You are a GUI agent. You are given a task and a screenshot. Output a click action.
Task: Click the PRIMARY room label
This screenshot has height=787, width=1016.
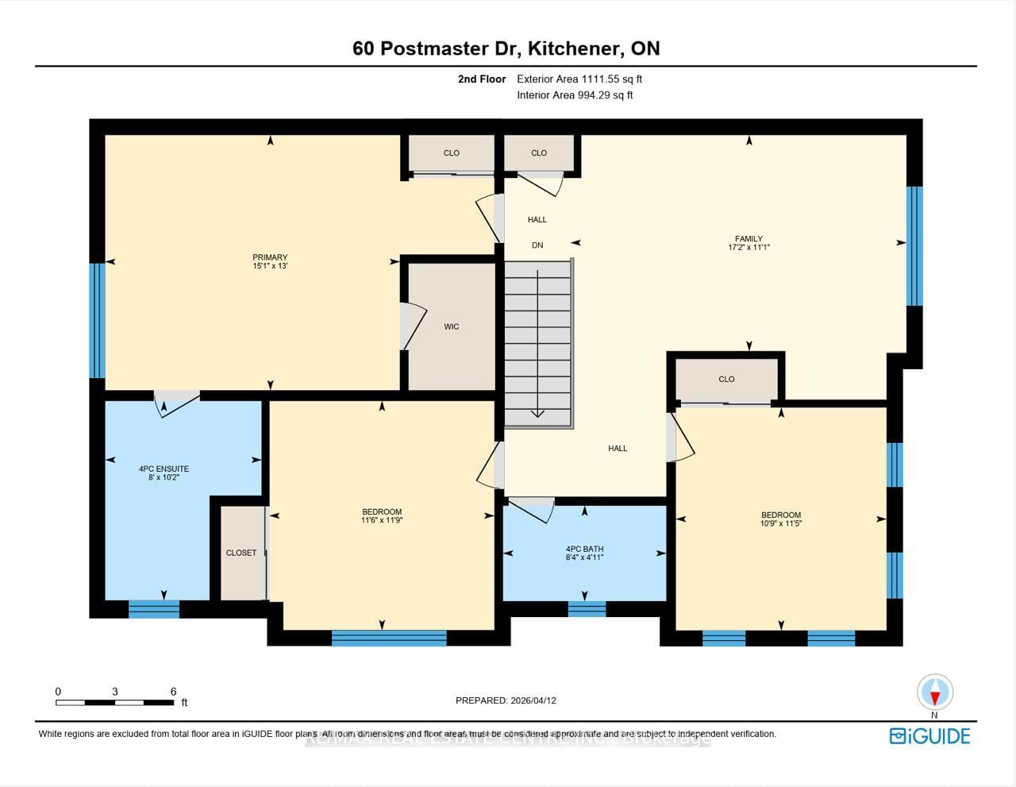pos(270,257)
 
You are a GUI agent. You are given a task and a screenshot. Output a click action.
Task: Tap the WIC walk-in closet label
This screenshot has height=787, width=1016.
pos(452,326)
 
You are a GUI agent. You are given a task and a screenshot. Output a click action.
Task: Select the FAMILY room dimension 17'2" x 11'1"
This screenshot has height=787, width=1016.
pos(749,248)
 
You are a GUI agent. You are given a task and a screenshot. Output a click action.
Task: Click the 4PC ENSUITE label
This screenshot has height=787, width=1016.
pos(164,469)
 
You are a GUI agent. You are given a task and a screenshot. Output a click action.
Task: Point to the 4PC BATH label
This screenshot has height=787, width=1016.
pos(584,549)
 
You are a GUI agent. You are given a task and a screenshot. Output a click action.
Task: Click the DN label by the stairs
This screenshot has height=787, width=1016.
pos(537,245)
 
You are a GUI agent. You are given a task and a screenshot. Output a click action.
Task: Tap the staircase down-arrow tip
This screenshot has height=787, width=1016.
pos(537,414)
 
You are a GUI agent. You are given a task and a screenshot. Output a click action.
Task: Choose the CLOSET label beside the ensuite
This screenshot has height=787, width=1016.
pos(241,553)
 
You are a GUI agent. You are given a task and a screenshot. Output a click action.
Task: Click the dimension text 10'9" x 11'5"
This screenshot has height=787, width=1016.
pos(780,524)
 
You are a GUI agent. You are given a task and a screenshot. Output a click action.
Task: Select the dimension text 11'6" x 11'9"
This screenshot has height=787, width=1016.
pos(382,521)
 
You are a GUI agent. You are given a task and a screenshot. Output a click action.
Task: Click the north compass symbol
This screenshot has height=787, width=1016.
pos(934,692)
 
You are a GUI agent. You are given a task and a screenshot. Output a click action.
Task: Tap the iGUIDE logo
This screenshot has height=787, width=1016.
pos(929,736)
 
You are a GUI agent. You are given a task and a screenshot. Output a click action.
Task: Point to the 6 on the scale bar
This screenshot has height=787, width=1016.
pos(173,692)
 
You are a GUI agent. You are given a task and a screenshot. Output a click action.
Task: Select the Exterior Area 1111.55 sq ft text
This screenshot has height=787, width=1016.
pos(579,79)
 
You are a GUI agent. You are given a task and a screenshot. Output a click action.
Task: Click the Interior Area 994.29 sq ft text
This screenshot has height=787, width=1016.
pos(575,95)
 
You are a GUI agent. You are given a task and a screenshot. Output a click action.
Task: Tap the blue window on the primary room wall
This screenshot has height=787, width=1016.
pos(97,320)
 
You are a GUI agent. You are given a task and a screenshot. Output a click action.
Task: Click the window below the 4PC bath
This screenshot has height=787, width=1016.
pos(587,609)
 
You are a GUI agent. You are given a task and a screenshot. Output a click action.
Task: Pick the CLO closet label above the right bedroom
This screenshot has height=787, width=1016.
pos(726,379)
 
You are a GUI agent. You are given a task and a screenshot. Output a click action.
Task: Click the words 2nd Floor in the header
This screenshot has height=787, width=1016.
pos(481,79)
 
